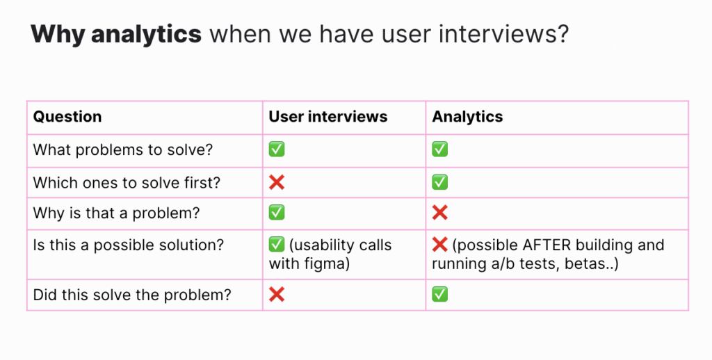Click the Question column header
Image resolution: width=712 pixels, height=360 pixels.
(x=67, y=117)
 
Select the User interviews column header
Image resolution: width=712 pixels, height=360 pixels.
(x=328, y=117)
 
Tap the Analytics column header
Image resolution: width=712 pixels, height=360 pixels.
(x=467, y=117)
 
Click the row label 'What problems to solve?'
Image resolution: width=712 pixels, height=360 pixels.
(x=122, y=149)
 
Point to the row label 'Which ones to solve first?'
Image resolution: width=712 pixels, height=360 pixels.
(x=127, y=183)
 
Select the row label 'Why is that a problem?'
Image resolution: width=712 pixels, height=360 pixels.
(x=116, y=213)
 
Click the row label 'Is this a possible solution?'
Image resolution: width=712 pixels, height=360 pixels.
(x=129, y=245)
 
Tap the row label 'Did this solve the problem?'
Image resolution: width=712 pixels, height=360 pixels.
(x=132, y=295)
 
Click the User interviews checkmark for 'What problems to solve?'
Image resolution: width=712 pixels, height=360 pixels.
(x=277, y=149)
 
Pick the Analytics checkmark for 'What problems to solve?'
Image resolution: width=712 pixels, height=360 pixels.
(x=439, y=149)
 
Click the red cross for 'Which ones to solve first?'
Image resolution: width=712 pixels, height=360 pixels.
(x=277, y=183)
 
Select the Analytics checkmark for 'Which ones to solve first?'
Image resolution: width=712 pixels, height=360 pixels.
(x=439, y=182)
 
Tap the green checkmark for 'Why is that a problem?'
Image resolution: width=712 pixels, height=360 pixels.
(x=277, y=213)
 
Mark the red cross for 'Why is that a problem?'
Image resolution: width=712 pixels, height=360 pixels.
(x=439, y=213)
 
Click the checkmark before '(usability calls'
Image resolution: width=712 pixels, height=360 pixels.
(x=277, y=245)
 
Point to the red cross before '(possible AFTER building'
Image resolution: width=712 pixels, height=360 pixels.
(x=439, y=245)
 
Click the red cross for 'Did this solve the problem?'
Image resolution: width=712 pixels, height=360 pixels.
(x=277, y=295)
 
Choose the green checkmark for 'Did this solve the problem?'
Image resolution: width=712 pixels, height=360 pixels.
(x=439, y=294)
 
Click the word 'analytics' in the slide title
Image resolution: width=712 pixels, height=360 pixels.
(x=146, y=34)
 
